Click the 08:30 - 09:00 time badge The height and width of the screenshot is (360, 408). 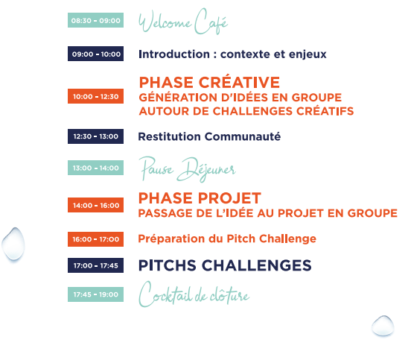click(95, 20)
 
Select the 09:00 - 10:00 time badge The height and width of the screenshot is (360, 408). click(95, 54)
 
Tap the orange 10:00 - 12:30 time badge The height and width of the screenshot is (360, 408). click(95, 96)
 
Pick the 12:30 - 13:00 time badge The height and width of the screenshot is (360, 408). click(95, 136)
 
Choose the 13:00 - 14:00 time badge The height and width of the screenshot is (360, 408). click(95, 168)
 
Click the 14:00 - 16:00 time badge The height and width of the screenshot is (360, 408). click(95, 205)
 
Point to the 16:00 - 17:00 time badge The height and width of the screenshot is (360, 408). click(95, 239)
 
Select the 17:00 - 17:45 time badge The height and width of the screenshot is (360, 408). click(95, 265)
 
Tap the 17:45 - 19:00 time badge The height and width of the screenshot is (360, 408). click(95, 294)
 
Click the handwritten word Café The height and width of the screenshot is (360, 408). click(211, 22)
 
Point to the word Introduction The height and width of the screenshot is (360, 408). click(174, 54)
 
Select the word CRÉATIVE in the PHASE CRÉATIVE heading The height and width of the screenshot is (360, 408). click(240, 82)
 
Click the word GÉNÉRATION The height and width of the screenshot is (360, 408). click(179, 97)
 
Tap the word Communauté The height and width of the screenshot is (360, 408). click(243, 136)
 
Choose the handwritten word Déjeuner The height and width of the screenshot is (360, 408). click(206, 170)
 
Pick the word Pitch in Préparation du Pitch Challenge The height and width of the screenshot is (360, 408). click(241, 239)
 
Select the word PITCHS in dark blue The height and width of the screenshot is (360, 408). click(168, 265)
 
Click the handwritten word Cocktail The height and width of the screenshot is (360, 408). click(166, 294)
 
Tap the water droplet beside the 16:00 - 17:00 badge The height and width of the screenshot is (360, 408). click(13, 244)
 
